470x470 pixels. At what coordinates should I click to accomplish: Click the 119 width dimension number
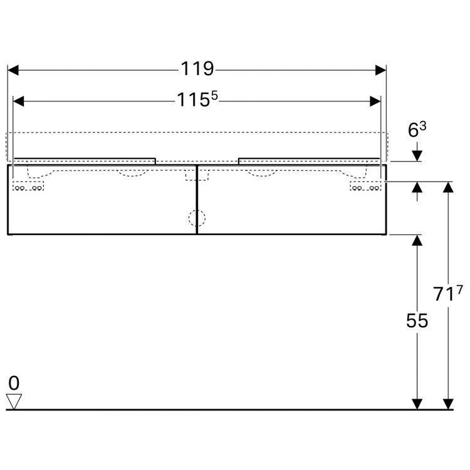click(198, 69)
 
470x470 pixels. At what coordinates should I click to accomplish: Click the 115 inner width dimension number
click(192, 100)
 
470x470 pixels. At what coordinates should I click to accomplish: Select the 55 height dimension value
click(417, 321)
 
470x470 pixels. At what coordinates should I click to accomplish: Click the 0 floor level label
click(14, 382)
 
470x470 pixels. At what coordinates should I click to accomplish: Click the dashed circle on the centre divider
click(197, 217)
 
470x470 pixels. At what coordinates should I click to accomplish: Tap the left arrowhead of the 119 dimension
click(13, 70)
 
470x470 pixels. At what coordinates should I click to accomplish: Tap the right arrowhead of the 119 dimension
click(380, 70)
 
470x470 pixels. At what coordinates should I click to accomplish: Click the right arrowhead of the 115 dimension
click(375, 101)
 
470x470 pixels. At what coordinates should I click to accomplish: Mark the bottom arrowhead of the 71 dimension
click(448, 404)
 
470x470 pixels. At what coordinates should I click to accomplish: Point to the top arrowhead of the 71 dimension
click(448, 187)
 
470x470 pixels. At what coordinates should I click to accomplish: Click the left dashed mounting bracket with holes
click(29, 187)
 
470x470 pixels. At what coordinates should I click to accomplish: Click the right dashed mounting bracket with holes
click(365, 187)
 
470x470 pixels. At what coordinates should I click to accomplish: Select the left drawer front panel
click(103, 207)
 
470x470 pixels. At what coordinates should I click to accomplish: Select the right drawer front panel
click(291, 207)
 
